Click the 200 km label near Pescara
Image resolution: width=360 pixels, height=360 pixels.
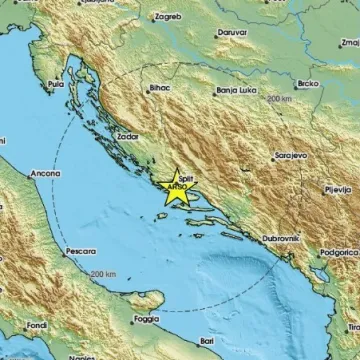[102, 273]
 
